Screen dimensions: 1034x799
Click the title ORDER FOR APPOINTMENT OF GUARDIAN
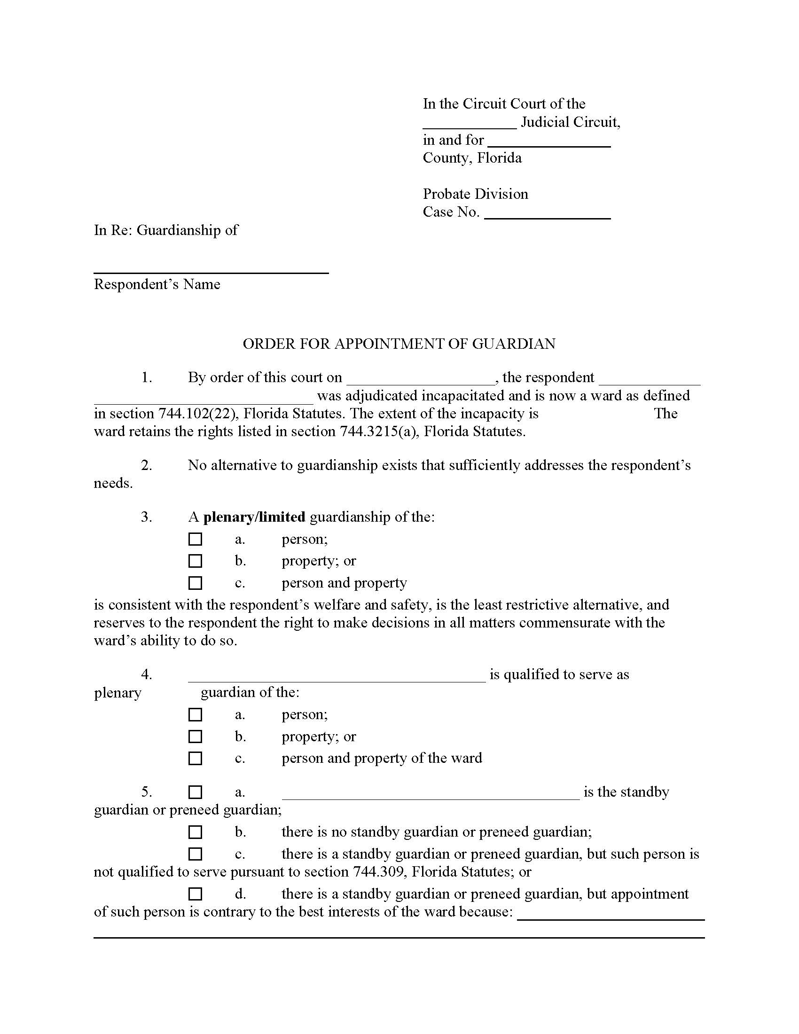point(399,344)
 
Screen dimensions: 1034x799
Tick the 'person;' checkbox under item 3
point(195,539)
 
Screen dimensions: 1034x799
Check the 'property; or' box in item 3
point(195,561)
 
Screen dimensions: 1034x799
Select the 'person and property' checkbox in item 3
point(195,583)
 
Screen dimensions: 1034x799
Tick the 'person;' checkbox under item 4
point(195,714)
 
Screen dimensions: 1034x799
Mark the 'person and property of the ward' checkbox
point(195,758)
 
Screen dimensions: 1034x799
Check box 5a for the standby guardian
point(195,792)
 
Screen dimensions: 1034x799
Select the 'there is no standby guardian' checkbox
point(195,832)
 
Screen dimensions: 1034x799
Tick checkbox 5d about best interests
point(195,893)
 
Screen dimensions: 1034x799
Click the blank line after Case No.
point(548,216)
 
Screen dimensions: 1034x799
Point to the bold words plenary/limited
point(254,517)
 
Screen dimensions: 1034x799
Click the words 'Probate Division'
point(475,194)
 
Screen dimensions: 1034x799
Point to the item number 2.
point(147,465)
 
